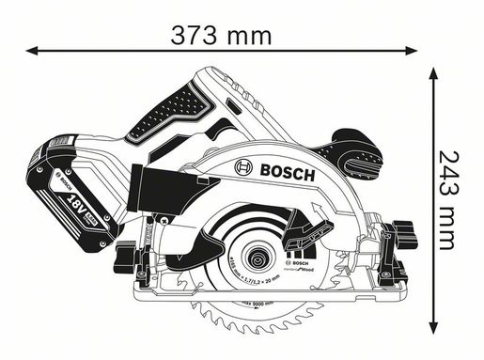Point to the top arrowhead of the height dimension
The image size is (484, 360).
tap(433, 74)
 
